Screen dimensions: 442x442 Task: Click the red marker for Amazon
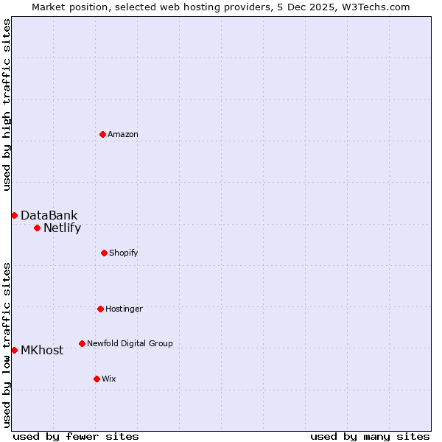(102, 134)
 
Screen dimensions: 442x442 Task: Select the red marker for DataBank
(14, 215)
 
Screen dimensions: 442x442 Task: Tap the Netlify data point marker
(37, 228)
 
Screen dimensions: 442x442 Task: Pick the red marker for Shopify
(104, 253)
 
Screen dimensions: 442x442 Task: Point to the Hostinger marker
(100, 309)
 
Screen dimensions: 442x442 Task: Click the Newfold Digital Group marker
(82, 343)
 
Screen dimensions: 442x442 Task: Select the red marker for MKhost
(14, 350)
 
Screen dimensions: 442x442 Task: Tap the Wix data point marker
(97, 379)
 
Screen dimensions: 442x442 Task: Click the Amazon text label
(123, 134)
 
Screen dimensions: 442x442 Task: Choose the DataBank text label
(49, 215)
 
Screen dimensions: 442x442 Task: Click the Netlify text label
(62, 228)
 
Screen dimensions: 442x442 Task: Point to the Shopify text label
(124, 253)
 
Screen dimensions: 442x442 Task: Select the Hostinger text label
(124, 309)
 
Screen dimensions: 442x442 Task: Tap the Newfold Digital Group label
(130, 343)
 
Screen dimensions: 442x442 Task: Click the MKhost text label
(42, 350)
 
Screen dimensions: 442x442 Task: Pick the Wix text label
(109, 379)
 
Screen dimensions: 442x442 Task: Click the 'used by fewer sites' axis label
(76, 436)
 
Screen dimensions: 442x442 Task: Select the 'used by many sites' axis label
(370, 436)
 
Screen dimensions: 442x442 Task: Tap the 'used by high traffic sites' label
(7, 105)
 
